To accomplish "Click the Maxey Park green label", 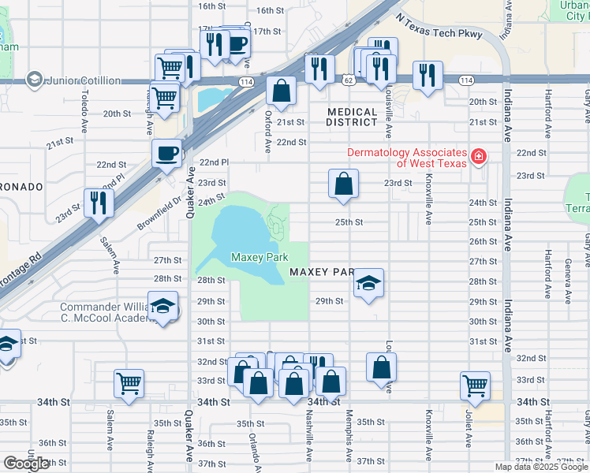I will [260, 257].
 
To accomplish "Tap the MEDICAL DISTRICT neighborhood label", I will [352, 117].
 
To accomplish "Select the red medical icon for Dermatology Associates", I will [478, 158].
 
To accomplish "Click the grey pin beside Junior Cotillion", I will [34, 80].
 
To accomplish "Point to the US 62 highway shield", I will [348, 80].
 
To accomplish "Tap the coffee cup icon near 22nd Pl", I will [167, 152].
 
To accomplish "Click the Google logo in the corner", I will [26, 464].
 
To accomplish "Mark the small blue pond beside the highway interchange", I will [211, 99].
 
